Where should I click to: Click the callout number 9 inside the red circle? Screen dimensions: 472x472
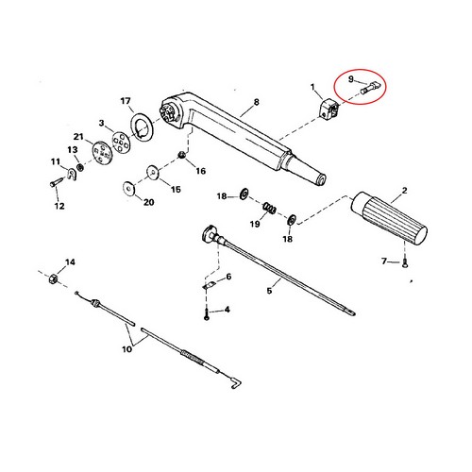pyautogui.click(x=351, y=79)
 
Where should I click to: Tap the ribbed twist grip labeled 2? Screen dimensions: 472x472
pyautogui.click(x=389, y=218)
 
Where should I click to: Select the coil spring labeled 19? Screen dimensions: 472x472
pyautogui.click(x=270, y=208)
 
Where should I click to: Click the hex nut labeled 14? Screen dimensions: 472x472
pyautogui.click(x=53, y=278)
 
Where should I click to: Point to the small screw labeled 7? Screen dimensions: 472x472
pyautogui.click(x=405, y=263)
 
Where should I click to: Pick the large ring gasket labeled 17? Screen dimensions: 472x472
pyautogui.click(x=142, y=126)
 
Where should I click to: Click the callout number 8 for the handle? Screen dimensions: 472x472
pyautogui.click(x=257, y=102)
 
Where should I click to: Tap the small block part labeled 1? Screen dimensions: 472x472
pyautogui.click(x=329, y=109)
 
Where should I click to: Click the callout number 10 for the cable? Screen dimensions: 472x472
pyautogui.click(x=126, y=349)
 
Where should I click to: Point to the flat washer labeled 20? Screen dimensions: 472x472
pyautogui.click(x=128, y=188)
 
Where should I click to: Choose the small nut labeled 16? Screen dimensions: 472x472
pyautogui.click(x=181, y=155)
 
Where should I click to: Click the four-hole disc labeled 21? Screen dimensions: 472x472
pyautogui.click(x=102, y=152)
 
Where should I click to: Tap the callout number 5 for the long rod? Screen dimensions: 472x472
pyautogui.click(x=269, y=291)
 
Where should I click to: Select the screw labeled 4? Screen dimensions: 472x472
pyautogui.click(x=207, y=314)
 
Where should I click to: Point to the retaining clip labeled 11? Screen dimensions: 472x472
pyautogui.click(x=73, y=174)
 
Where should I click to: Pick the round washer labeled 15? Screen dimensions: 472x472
pyautogui.click(x=153, y=172)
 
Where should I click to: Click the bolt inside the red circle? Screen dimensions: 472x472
pyautogui.click(x=370, y=88)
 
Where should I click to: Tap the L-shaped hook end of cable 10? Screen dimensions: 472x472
pyautogui.click(x=235, y=382)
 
